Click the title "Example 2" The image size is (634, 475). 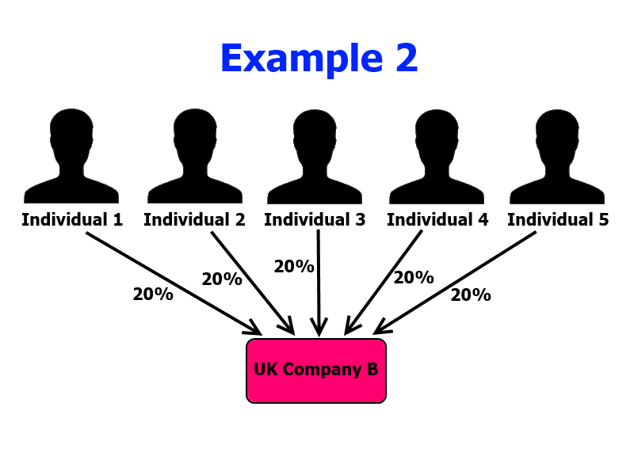[x=319, y=59]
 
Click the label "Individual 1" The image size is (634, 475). [x=72, y=220]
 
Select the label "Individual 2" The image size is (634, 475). [x=194, y=220]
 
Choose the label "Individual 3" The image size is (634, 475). [x=315, y=220]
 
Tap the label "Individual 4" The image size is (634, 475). [x=437, y=220]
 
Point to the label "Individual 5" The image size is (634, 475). [x=558, y=220]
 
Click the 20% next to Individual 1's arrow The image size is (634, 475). [x=153, y=294]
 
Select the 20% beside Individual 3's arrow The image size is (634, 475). [x=294, y=267]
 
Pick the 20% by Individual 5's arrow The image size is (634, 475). [x=471, y=295]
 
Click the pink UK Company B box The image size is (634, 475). [x=316, y=370]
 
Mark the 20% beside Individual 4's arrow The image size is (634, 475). [x=414, y=278]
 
